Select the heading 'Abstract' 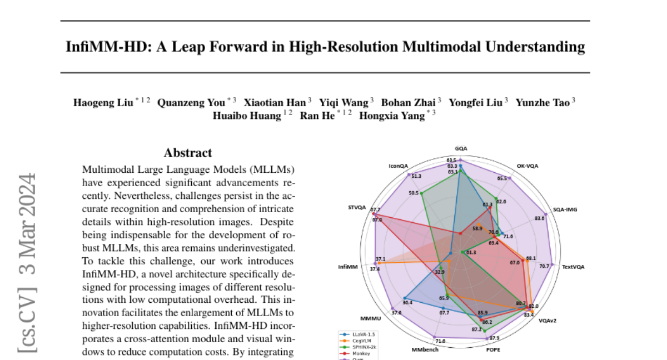188,153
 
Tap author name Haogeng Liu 103,103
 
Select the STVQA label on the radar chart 357,208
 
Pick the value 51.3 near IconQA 415,176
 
